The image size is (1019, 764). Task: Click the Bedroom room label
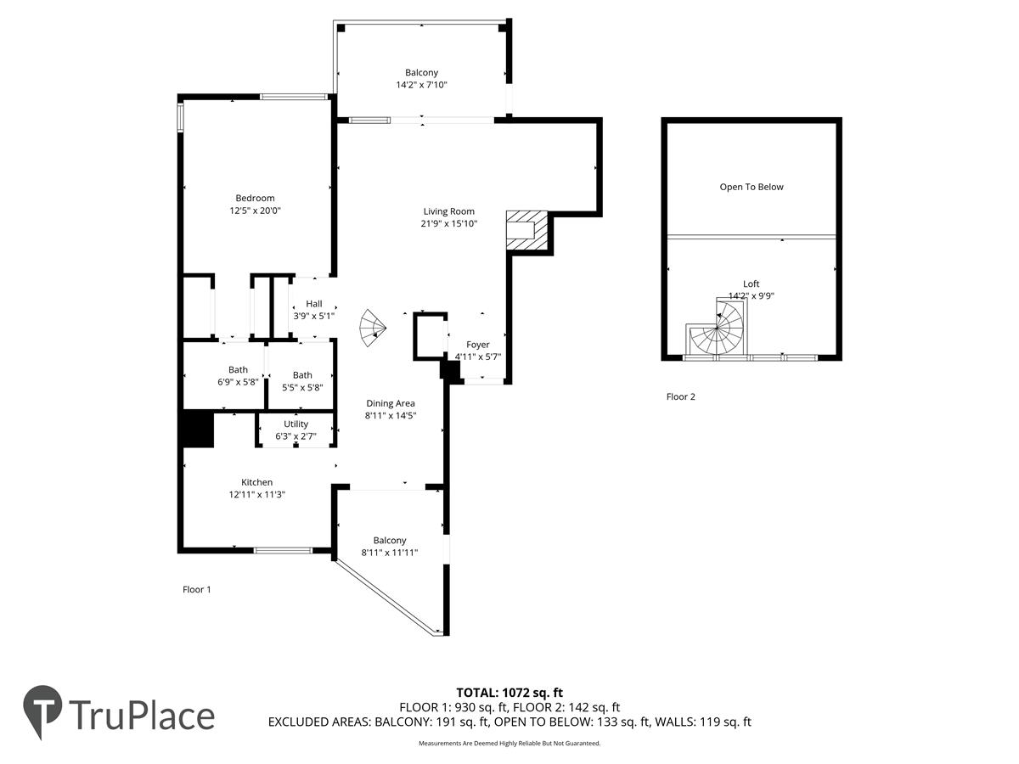click(255, 198)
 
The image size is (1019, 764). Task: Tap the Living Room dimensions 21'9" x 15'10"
click(449, 223)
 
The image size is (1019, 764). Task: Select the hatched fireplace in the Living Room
click(527, 231)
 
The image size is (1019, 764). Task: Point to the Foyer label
click(478, 345)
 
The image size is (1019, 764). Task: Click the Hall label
click(314, 304)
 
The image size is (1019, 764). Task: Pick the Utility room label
click(296, 424)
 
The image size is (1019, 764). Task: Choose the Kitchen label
click(256, 482)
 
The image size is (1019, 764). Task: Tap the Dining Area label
click(391, 403)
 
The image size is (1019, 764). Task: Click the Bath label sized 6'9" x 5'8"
click(238, 370)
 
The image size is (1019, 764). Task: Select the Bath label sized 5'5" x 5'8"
click(302, 375)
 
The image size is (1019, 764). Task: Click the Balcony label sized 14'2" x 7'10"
click(421, 72)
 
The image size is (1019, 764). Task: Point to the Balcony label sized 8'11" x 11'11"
click(390, 541)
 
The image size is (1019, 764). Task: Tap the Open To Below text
click(752, 187)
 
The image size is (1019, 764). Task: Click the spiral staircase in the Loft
click(717, 328)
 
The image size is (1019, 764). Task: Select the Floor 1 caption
click(196, 590)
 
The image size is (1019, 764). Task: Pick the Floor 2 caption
click(680, 396)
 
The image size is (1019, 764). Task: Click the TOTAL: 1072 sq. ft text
click(509, 693)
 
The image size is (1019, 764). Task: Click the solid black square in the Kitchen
click(198, 429)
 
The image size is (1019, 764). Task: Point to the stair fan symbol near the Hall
click(372, 328)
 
